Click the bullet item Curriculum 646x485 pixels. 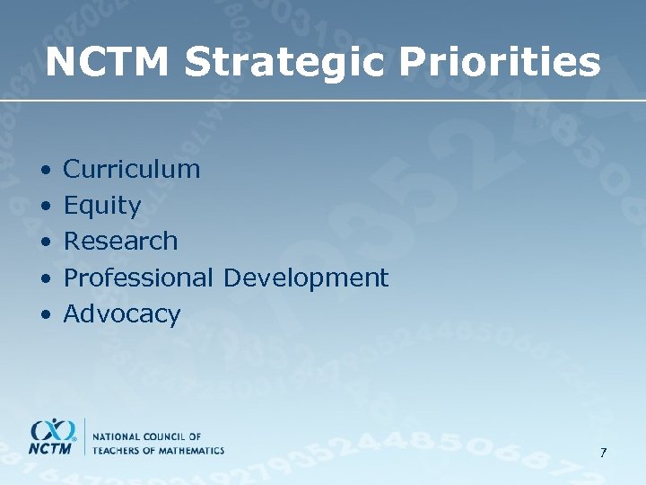132,169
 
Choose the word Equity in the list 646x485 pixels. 102,206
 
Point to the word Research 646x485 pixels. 121,242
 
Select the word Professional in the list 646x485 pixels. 138,278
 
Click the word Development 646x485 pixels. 306,278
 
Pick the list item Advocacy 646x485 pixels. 122,314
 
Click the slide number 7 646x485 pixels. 604,453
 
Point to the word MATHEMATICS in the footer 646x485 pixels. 189,449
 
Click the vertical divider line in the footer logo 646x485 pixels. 86,436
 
